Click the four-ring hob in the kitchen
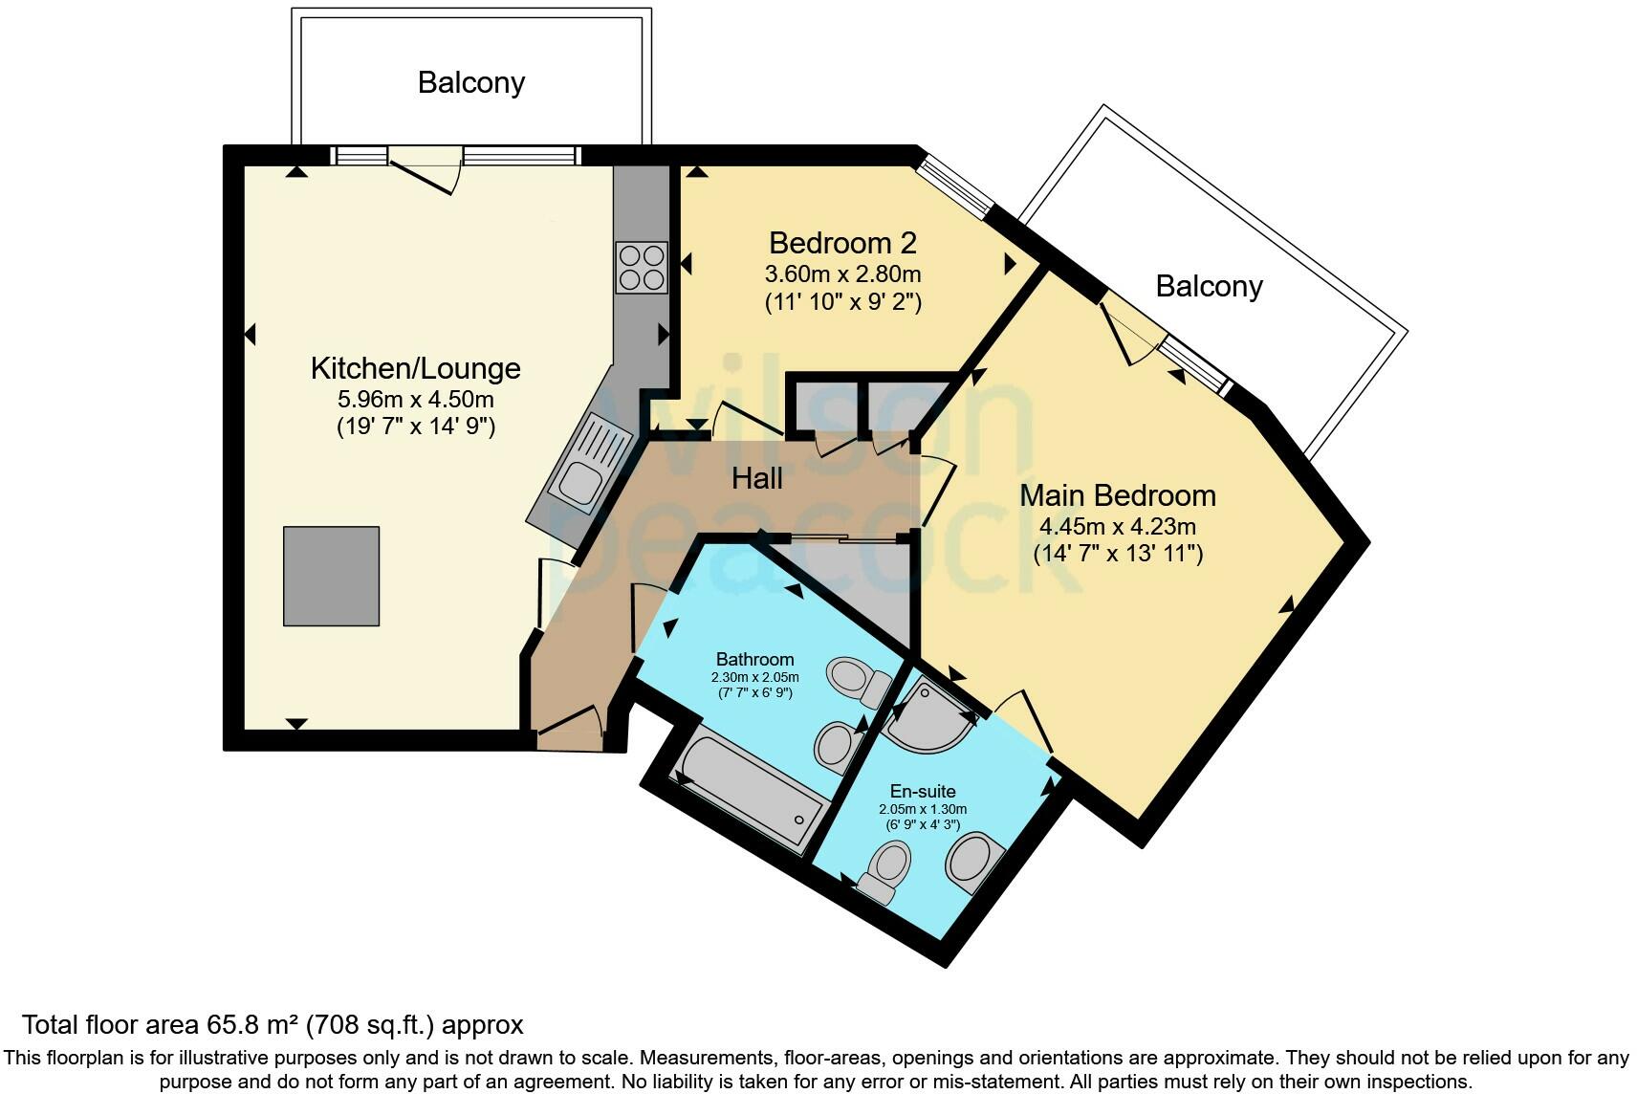(641, 268)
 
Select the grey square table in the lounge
(331, 576)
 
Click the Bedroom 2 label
(842, 242)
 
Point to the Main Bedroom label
(1117, 495)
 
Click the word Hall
(756, 478)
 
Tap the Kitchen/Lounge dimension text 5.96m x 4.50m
(415, 399)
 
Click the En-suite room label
(922, 791)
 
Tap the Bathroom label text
(754, 659)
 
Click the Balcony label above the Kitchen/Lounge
(470, 82)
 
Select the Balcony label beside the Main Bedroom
(1209, 286)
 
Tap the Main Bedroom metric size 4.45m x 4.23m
(1117, 526)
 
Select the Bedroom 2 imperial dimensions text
(842, 303)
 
